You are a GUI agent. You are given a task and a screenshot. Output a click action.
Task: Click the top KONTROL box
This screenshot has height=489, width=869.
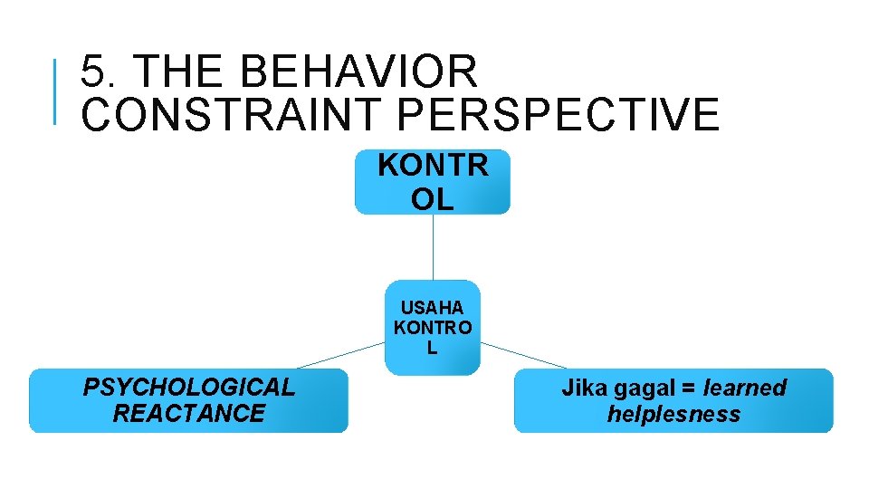point(433,182)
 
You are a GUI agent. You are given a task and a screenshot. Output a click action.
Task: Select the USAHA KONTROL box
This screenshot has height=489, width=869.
point(433,327)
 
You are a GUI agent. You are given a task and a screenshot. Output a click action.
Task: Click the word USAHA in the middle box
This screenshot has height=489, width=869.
point(433,308)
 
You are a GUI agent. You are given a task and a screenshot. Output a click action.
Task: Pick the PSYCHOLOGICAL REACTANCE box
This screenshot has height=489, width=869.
point(188,400)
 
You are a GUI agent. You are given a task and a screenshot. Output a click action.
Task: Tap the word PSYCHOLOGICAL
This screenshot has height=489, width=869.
point(188,388)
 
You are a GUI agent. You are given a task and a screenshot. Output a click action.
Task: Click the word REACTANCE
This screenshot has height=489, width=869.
point(188,414)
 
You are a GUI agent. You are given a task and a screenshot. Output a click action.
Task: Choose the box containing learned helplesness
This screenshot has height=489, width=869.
point(673,400)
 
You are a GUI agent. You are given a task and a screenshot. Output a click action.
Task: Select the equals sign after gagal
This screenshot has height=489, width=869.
point(688,388)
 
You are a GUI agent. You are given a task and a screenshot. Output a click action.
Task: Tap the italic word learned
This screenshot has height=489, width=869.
point(745,388)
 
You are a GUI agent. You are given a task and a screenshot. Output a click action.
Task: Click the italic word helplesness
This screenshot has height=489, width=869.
point(673,415)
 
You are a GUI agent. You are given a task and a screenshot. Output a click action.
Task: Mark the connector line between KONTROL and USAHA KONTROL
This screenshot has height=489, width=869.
point(433,246)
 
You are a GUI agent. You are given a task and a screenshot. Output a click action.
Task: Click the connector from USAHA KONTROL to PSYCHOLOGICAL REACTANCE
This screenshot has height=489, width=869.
point(341,355)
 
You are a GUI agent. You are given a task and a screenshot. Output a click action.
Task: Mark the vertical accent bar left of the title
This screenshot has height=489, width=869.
point(56,91)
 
